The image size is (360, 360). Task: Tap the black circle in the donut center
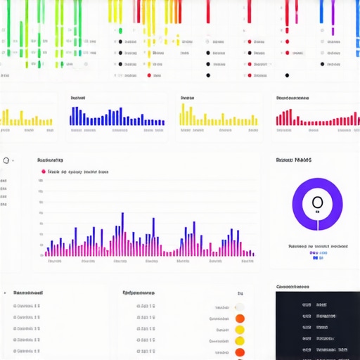point(317,203)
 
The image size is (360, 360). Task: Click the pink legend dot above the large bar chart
point(44,171)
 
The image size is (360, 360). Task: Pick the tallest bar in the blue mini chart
point(120,115)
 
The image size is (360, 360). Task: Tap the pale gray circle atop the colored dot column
point(240,307)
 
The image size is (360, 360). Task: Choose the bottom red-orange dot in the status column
point(240,352)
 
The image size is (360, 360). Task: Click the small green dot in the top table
point(120,31)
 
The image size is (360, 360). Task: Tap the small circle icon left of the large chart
point(6,160)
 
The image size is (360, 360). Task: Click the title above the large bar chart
point(50,160)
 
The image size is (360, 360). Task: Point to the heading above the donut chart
point(294,160)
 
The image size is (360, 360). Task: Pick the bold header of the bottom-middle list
point(139,292)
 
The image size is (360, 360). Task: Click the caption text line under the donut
point(318,247)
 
